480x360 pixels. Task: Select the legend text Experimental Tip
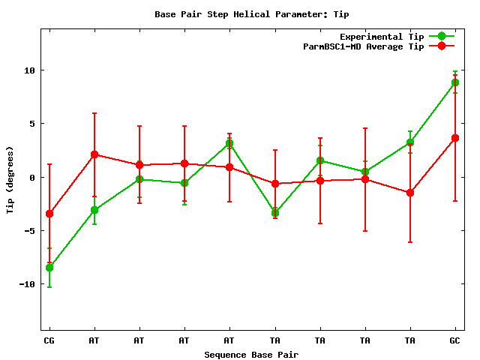tap(381, 36)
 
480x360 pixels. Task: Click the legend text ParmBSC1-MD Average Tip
tap(363, 46)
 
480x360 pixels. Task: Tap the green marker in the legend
tap(442, 36)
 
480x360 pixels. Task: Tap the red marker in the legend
tap(442, 46)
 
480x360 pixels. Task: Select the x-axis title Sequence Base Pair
tap(251, 354)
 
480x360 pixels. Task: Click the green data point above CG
tap(49, 268)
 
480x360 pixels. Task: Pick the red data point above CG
tap(49, 214)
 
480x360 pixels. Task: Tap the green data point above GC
tap(455, 82)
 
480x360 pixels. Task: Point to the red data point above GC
tap(455, 138)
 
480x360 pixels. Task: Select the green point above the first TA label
tap(275, 213)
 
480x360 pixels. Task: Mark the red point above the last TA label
tap(410, 193)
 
